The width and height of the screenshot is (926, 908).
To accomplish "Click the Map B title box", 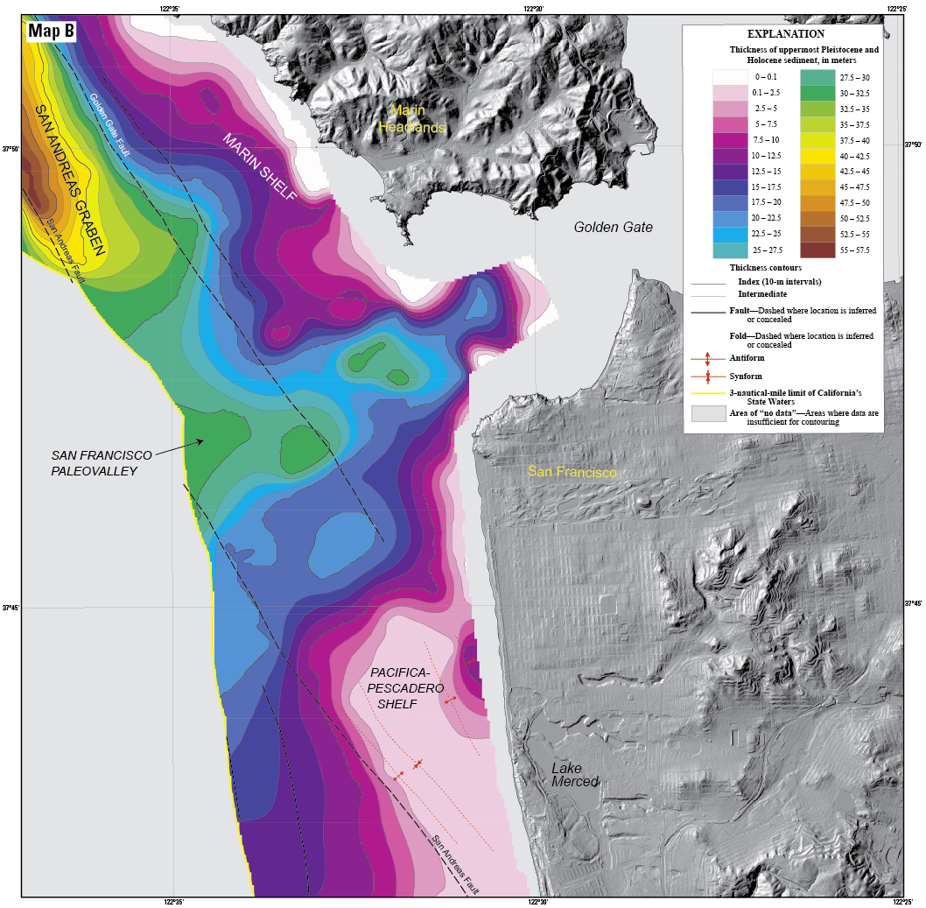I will coord(52,32).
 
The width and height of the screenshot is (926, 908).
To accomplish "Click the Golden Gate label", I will coord(613,227).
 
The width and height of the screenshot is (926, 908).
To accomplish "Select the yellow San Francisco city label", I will coord(572,472).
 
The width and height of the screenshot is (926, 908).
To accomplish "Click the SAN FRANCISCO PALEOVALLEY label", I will coord(102,462).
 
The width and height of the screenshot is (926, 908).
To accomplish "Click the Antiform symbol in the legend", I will coord(707,358).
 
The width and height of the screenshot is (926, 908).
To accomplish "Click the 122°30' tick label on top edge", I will coord(533,8).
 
